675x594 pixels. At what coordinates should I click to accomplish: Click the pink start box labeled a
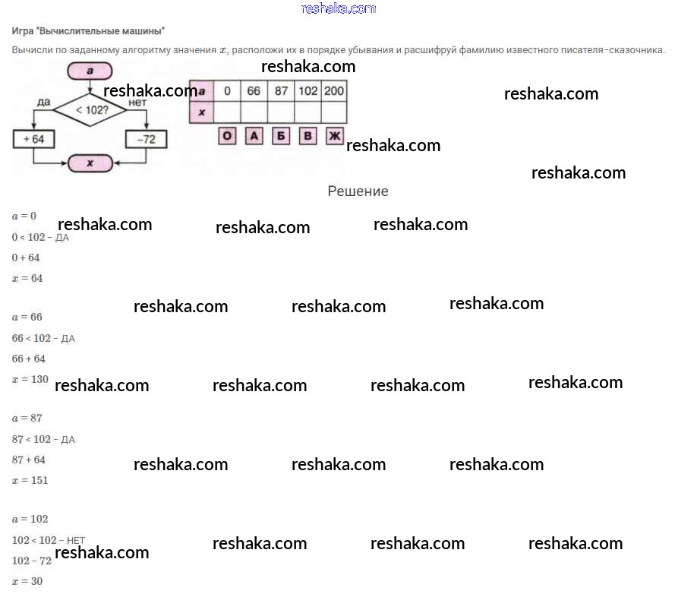(90, 71)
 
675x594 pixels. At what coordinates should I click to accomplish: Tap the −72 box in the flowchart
(146, 140)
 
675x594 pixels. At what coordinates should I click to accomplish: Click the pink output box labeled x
(90, 163)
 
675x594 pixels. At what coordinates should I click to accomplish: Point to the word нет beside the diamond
(137, 101)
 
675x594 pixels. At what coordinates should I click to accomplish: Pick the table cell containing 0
(226, 91)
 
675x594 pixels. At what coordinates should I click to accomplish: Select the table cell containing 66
(254, 91)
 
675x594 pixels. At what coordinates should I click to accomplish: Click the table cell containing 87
(281, 91)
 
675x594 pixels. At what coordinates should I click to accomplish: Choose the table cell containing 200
(333, 91)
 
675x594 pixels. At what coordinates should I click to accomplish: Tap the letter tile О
(227, 137)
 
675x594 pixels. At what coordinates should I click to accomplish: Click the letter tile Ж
(335, 137)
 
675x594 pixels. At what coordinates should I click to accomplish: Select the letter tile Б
(281, 137)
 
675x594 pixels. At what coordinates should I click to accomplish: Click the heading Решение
(358, 191)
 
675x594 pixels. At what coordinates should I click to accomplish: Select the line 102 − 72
(32, 561)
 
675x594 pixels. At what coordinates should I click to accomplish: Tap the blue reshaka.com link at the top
(339, 8)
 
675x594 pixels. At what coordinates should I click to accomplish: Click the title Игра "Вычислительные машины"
(89, 31)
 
